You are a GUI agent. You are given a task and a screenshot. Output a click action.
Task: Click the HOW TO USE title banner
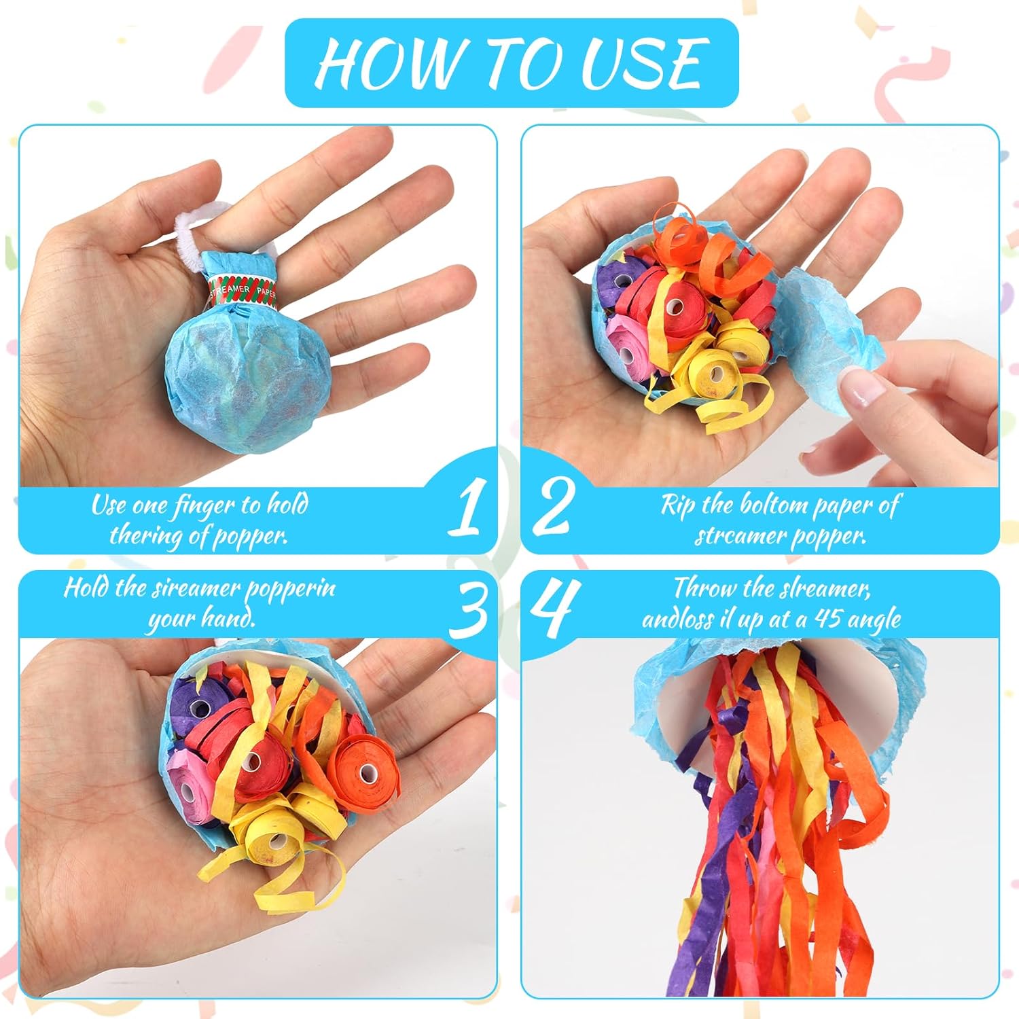[x=512, y=62]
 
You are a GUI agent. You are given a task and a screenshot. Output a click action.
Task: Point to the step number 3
[x=469, y=607]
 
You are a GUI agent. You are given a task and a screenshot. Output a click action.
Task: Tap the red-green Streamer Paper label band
[x=241, y=291]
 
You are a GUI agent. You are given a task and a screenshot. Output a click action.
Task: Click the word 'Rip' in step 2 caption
[x=679, y=506]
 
